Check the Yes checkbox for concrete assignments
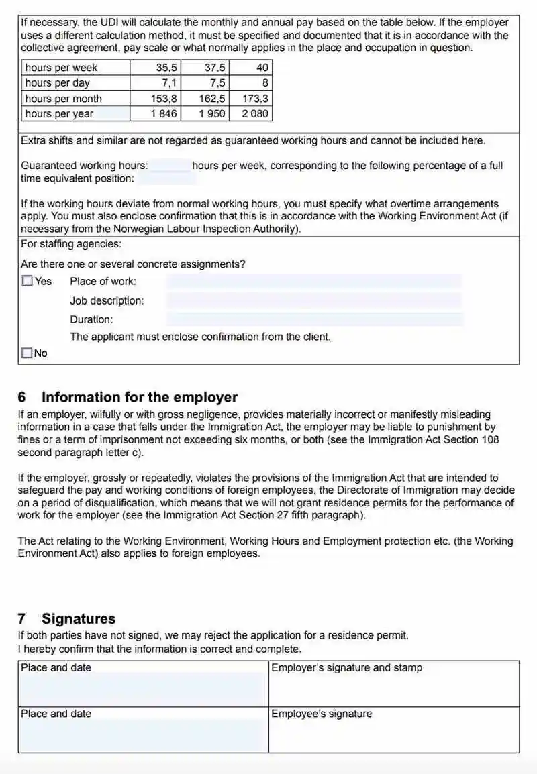[27, 282]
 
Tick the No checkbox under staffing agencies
[27, 353]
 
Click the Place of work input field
[314, 282]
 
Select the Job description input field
[314, 300]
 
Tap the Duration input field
[314, 319]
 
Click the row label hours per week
[61, 68]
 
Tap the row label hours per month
[63, 99]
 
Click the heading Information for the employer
[140, 397]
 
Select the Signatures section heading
[79, 618]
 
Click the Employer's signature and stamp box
[393, 684]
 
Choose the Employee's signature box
[393, 730]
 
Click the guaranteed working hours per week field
[170, 166]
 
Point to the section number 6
[22, 397]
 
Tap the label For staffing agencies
[71, 244]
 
